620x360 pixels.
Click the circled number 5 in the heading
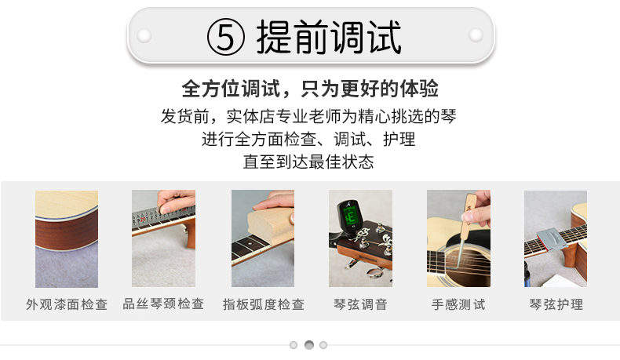pyautogui.click(x=226, y=37)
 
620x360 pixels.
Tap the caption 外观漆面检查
pyautogui.click(x=67, y=304)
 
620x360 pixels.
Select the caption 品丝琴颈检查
pyautogui.click(x=163, y=304)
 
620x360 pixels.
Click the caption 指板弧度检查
pyautogui.click(x=264, y=304)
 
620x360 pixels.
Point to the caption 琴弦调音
pyautogui.click(x=360, y=304)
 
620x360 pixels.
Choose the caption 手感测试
pyautogui.click(x=458, y=304)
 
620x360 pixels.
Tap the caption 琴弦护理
pyautogui.click(x=556, y=304)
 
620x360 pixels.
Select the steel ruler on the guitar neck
pyautogui.click(x=162, y=216)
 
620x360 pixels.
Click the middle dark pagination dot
pyautogui.click(x=308, y=345)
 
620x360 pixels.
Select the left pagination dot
pyautogui.click(x=294, y=345)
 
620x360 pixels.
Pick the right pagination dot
pyautogui.click(x=323, y=345)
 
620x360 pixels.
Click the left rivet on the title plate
pyautogui.click(x=144, y=35)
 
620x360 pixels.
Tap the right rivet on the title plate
pyautogui.click(x=476, y=35)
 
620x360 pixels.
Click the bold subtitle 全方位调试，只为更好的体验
pyautogui.click(x=310, y=89)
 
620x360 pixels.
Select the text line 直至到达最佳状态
pyautogui.click(x=308, y=162)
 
